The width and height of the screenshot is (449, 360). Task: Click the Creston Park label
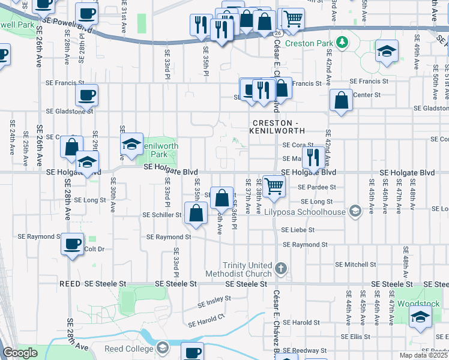click(x=309, y=43)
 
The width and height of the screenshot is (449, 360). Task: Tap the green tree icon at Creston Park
click(x=342, y=42)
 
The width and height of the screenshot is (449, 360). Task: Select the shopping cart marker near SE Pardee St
click(x=274, y=187)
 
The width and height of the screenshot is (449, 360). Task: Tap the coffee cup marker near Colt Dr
click(x=73, y=244)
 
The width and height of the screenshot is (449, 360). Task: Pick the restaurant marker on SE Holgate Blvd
click(x=313, y=157)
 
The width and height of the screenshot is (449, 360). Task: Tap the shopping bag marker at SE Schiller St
click(x=196, y=213)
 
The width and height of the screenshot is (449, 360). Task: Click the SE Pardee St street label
click(x=313, y=187)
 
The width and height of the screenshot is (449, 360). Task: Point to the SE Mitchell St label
click(x=355, y=264)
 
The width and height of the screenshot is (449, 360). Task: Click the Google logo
click(x=20, y=353)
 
